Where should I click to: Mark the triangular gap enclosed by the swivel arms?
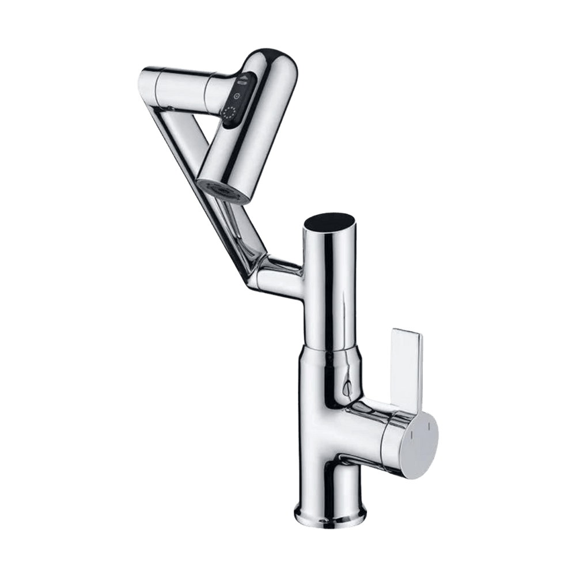[x=207, y=130]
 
